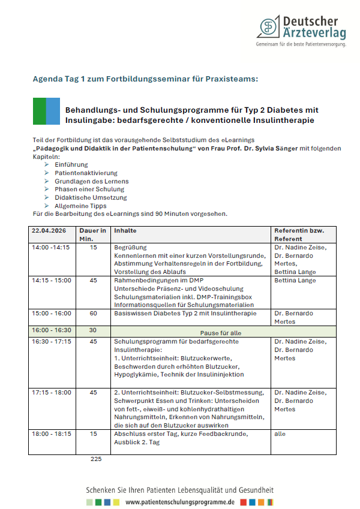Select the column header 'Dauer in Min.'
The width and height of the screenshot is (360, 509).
[93, 234]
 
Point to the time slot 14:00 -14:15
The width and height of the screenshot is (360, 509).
[50, 247]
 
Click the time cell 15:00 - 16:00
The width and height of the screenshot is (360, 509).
[52, 314]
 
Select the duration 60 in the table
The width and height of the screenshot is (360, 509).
[92, 314]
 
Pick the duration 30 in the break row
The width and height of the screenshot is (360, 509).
[92, 330]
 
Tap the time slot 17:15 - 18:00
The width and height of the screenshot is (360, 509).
[52, 393]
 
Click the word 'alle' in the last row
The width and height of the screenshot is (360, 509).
[280, 433]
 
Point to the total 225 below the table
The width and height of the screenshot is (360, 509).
[96, 459]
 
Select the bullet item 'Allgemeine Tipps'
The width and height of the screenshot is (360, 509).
[80, 206]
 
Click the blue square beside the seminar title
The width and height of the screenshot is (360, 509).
[53, 111]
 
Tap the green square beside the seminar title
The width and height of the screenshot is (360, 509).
[39, 111]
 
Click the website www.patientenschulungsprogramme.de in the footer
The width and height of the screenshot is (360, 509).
[180, 501]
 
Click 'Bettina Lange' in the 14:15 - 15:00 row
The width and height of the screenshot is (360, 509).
[295, 280]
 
